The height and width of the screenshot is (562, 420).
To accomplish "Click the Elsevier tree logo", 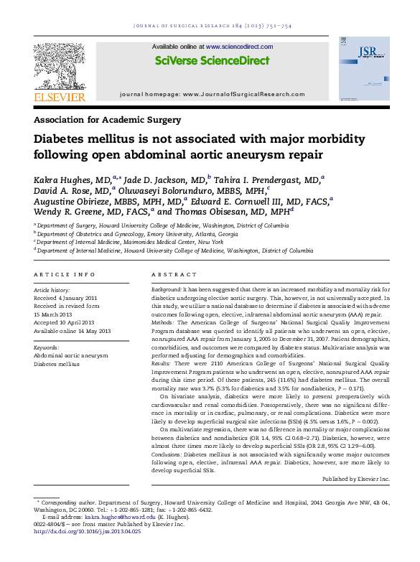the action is (x=60, y=63).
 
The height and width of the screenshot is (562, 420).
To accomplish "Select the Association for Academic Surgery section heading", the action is (x=108, y=120).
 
